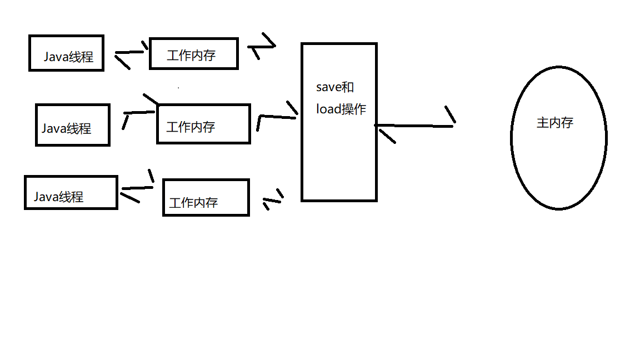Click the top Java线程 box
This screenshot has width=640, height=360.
[x=66, y=54]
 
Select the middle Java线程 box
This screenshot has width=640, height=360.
[x=72, y=125]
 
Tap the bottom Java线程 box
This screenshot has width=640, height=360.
[x=71, y=193]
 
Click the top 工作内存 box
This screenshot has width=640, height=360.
[x=193, y=54]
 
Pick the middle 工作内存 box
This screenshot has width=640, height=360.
[x=203, y=124]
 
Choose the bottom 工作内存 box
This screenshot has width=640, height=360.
[x=206, y=197]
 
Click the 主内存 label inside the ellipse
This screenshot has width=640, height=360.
[x=554, y=123]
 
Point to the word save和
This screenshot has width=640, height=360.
[x=334, y=87]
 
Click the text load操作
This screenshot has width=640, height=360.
[x=341, y=109]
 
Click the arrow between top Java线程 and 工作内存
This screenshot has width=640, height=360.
[x=131, y=53]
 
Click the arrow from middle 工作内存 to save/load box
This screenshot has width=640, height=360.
[x=276, y=116]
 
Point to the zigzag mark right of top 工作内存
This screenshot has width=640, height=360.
[x=262, y=46]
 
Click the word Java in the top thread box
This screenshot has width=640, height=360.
[x=56, y=57]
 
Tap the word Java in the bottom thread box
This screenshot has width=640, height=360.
[x=46, y=197]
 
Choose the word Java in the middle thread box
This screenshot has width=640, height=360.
[x=54, y=129]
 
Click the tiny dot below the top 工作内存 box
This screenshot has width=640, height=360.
[x=178, y=87]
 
